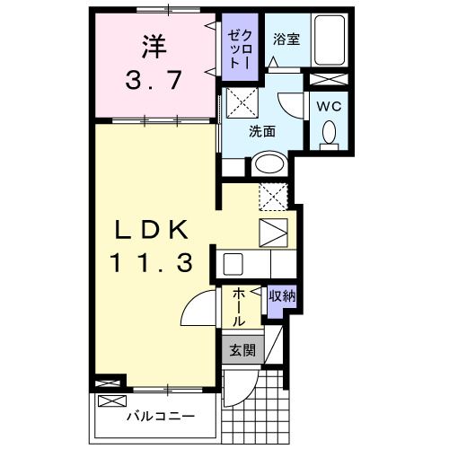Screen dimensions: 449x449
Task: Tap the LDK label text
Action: (x=151, y=230)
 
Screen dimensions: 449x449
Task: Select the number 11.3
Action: (x=151, y=263)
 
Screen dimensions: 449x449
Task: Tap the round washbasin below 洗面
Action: (x=267, y=163)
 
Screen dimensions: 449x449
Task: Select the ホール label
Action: (x=240, y=307)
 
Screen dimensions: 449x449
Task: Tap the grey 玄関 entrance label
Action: (x=239, y=350)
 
